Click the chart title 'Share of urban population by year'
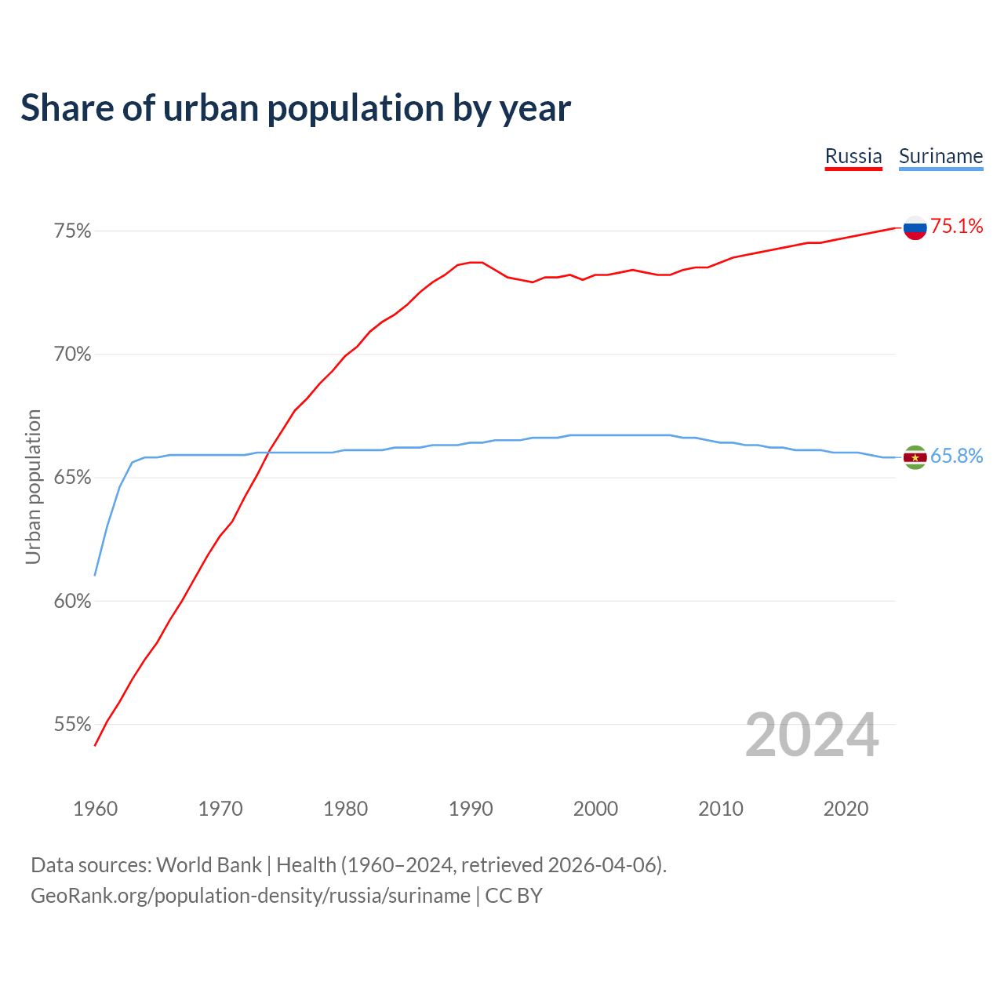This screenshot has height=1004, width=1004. pyautogui.click(x=296, y=108)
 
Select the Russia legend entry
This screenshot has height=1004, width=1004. pyautogui.click(x=853, y=156)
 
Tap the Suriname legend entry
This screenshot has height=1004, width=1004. pyautogui.click(x=940, y=156)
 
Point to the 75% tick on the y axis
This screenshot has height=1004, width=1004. pyautogui.click(x=73, y=231)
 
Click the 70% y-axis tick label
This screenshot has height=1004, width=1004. pyautogui.click(x=73, y=355)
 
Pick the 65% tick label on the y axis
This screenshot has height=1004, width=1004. pyautogui.click(x=73, y=478)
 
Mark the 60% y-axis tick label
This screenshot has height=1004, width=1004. pyautogui.click(x=73, y=602)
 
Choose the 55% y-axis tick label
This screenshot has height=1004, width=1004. pyautogui.click(x=73, y=725)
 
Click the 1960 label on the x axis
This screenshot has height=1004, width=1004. pyautogui.click(x=96, y=809)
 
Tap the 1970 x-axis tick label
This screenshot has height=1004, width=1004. pyautogui.click(x=220, y=809)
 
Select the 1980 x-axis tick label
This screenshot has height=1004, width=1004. pyautogui.click(x=345, y=809)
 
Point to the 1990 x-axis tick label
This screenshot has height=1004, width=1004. pyautogui.click(x=471, y=809)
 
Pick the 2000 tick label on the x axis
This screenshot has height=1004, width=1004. pyautogui.click(x=595, y=809)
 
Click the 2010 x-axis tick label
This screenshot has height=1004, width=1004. pyautogui.click(x=721, y=809)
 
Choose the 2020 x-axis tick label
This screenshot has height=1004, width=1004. pyautogui.click(x=846, y=809)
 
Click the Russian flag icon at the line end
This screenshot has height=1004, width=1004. pyautogui.click(x=915, y=227)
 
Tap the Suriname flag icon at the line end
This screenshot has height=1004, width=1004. pyautogui.click(x=915, y=457)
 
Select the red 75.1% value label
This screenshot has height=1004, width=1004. pyautogui.click(x=957, y=227)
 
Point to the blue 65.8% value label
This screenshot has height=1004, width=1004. pyautogui.click(x=957, y=457)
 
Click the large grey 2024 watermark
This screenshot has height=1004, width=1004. pyautogui.click(x=812, y=736)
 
